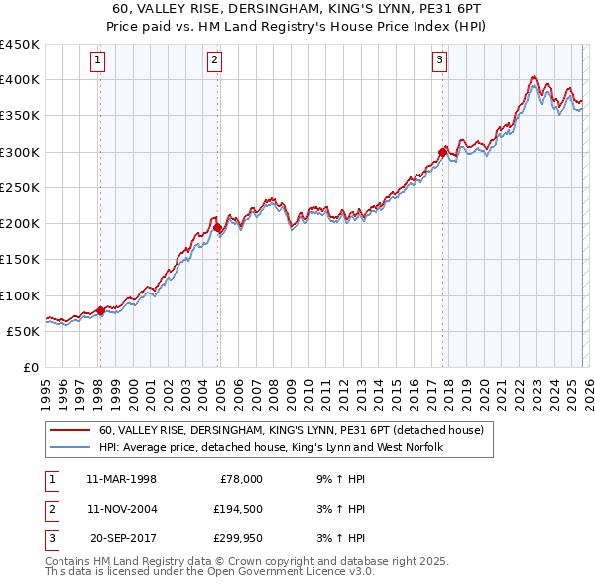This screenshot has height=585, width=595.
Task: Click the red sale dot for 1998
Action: [100, 310]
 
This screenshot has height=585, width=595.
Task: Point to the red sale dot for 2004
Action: [217, 227]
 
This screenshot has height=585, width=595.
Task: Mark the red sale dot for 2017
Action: [442, 152]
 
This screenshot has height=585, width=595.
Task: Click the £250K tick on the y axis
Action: [20, 187]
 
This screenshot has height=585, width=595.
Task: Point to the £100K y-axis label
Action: [20, 295]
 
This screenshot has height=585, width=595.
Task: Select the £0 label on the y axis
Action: [31, 367]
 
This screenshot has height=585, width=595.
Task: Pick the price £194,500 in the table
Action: [237, 509]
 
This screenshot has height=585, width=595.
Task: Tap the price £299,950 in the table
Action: [237, 538]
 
